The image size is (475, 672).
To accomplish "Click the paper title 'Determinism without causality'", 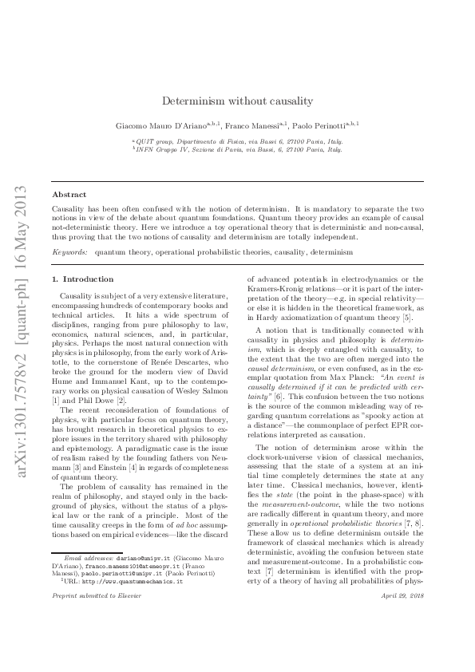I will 237,101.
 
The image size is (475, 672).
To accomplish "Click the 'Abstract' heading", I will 69,194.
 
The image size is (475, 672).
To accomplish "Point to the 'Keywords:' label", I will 70,251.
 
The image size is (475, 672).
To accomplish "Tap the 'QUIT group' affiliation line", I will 237,140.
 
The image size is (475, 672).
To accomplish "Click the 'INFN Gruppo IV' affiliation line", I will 237,148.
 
